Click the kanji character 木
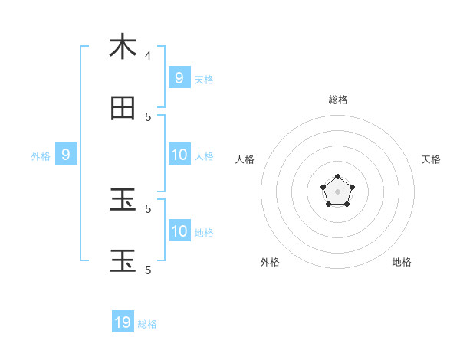(123, 47)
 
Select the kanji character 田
(123, 109)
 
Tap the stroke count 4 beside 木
(148, 55)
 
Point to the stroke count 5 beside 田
(148, 116)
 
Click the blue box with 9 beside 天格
(179, 77)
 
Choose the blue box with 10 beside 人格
(179, 155)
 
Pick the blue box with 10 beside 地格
(179, 231)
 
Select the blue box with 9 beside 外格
(66, 155)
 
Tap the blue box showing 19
(123, 322)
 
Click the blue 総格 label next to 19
(147, 324)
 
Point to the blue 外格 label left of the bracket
(41, 156)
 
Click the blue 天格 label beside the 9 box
(204, 79)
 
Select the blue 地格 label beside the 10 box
(204, 233)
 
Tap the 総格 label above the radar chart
(338, 100)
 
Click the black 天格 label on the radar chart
(431, 159)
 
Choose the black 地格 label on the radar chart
(402, 262)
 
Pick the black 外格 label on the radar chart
(270, 262)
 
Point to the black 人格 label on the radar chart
(245, 159)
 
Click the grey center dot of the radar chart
(338, 191)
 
